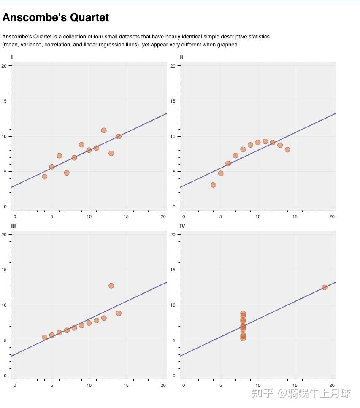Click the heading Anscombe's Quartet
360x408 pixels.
tap(55, 17)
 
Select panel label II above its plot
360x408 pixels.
tap(181, 57)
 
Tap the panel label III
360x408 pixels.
tap(14, 226)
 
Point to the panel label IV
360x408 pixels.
tap(182, 226)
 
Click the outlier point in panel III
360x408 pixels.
tap(111, 286)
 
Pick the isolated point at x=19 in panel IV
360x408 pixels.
tap(325, 287)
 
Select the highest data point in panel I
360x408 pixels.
tap(104, 130)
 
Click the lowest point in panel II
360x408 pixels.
tap(213, 185)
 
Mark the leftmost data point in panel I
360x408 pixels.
tap(44, 177)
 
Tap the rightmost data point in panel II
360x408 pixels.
tap(287, 149)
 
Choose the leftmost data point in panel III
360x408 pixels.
tap(44, 338)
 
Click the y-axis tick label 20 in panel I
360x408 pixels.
tap(4, 66)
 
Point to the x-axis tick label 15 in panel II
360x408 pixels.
tap(295, 217)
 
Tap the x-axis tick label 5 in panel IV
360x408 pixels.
tap(221, 385)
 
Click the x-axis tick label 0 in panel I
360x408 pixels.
tap(15, 217)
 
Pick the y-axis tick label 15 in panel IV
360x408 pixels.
tap(173, 270)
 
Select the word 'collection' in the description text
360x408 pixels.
tap(81, 37)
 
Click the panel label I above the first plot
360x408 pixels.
tap(12, 57)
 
